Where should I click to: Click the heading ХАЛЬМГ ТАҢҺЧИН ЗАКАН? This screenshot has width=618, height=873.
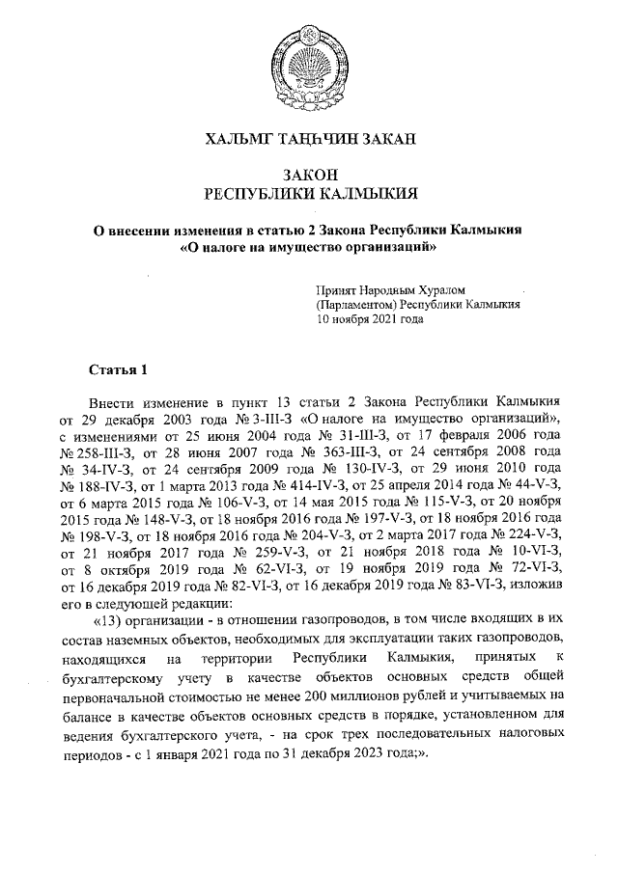click(x=308, y=140)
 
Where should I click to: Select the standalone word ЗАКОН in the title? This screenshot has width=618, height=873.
click(x=308, y=174)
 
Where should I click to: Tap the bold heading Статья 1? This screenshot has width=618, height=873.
click(x=118, y=369)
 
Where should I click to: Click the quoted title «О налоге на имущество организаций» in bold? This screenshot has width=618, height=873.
click(x=309, y=247)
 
